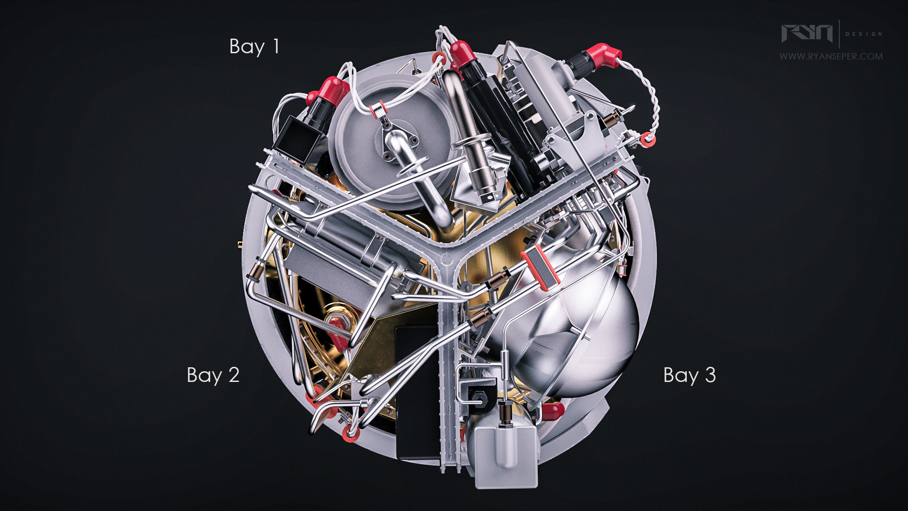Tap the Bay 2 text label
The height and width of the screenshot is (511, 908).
(213, 376)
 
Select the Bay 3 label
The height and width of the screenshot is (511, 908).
(689, 376)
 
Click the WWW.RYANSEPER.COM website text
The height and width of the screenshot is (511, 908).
(831, 56)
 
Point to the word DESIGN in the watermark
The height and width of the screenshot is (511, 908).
(863, 34)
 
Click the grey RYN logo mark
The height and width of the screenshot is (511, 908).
(807, 33)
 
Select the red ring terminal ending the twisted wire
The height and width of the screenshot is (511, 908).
(648, 140)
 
